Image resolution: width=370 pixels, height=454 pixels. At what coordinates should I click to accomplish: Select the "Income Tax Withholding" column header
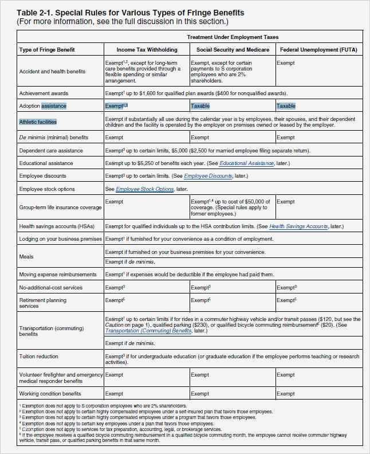(x=147, y=50)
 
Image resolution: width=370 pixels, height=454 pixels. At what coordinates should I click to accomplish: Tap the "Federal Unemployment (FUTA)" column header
(x=318, y=50)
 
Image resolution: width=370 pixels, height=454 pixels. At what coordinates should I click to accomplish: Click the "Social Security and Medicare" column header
(x=232, y=50)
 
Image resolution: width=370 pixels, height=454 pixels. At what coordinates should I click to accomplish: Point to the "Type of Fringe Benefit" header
(x=47, y=50)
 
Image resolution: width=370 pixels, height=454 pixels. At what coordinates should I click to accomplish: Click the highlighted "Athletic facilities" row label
(x=38, y=122)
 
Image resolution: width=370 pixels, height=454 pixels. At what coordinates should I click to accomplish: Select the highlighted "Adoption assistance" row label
(x=43, y=106)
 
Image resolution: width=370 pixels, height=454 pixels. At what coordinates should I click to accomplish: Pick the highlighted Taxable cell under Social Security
(x=200, y=106)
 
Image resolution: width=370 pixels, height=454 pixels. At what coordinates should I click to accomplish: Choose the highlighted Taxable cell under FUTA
(x=286, y=106)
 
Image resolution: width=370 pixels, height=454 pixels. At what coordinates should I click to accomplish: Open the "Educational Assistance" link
(x=246, y=163)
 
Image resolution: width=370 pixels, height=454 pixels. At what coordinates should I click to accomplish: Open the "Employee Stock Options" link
(x=144, y=189)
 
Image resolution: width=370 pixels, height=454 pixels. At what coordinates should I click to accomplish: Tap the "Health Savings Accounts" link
(x=298, y=226)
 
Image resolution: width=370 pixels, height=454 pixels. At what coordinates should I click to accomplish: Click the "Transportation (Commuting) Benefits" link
(x=148, y=331)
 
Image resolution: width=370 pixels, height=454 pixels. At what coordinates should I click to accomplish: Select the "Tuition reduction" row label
(x=38, y=357)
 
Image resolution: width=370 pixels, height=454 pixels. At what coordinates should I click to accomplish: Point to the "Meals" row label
(x=26, y=257)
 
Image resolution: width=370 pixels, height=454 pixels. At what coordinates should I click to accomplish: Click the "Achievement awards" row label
(x=44, y=93)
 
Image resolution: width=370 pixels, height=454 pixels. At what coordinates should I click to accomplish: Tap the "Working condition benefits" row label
(x=50, y=394)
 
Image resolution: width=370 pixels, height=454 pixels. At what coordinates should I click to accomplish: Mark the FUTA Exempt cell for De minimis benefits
(x=286, y=138)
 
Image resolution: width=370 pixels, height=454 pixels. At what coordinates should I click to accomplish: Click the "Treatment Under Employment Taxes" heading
(x=233, y=37)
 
